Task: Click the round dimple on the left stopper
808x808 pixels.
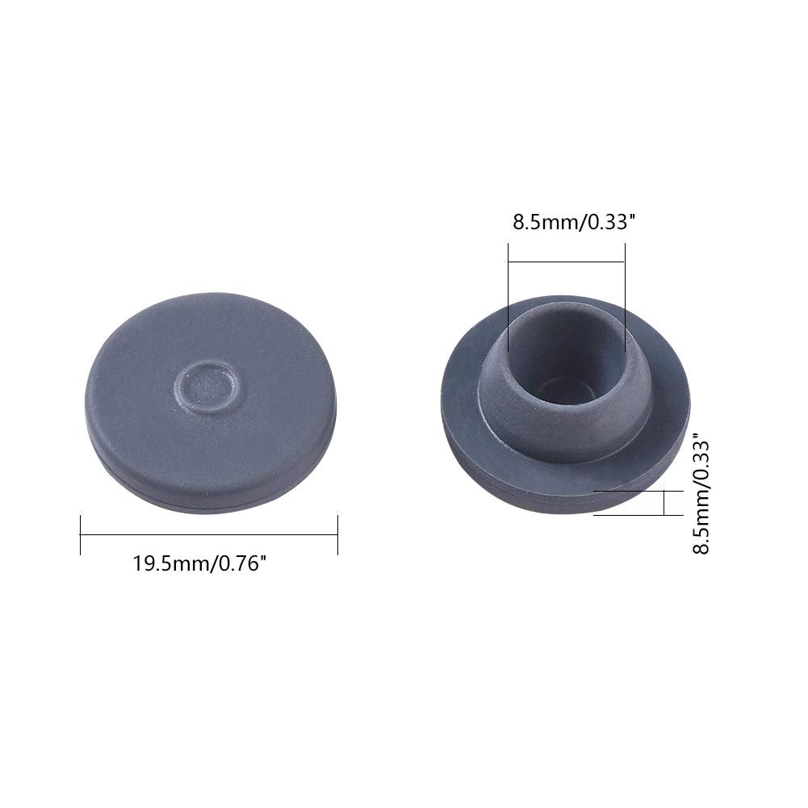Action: pyautogui.click(x=207, y=386)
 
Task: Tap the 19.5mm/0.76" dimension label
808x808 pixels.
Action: pyautogui.click(x=200, y=563)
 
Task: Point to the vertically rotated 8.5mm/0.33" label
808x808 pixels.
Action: pyautogui.click(x=701, y=496)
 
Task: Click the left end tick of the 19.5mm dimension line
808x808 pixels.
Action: pyautogui.click(x=81, y=535)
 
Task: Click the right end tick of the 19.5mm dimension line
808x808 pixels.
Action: pyautogui.click(x=337, y=535)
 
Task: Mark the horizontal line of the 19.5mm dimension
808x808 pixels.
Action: pyautogui.click(x=209, y=535)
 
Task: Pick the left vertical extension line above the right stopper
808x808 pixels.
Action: pyautogui.click(x=508, y=297)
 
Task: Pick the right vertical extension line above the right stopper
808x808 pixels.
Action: pyautogui.click(x=625, y=297)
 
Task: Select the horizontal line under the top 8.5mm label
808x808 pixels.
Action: pyautogui.click(x=567, y=262)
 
